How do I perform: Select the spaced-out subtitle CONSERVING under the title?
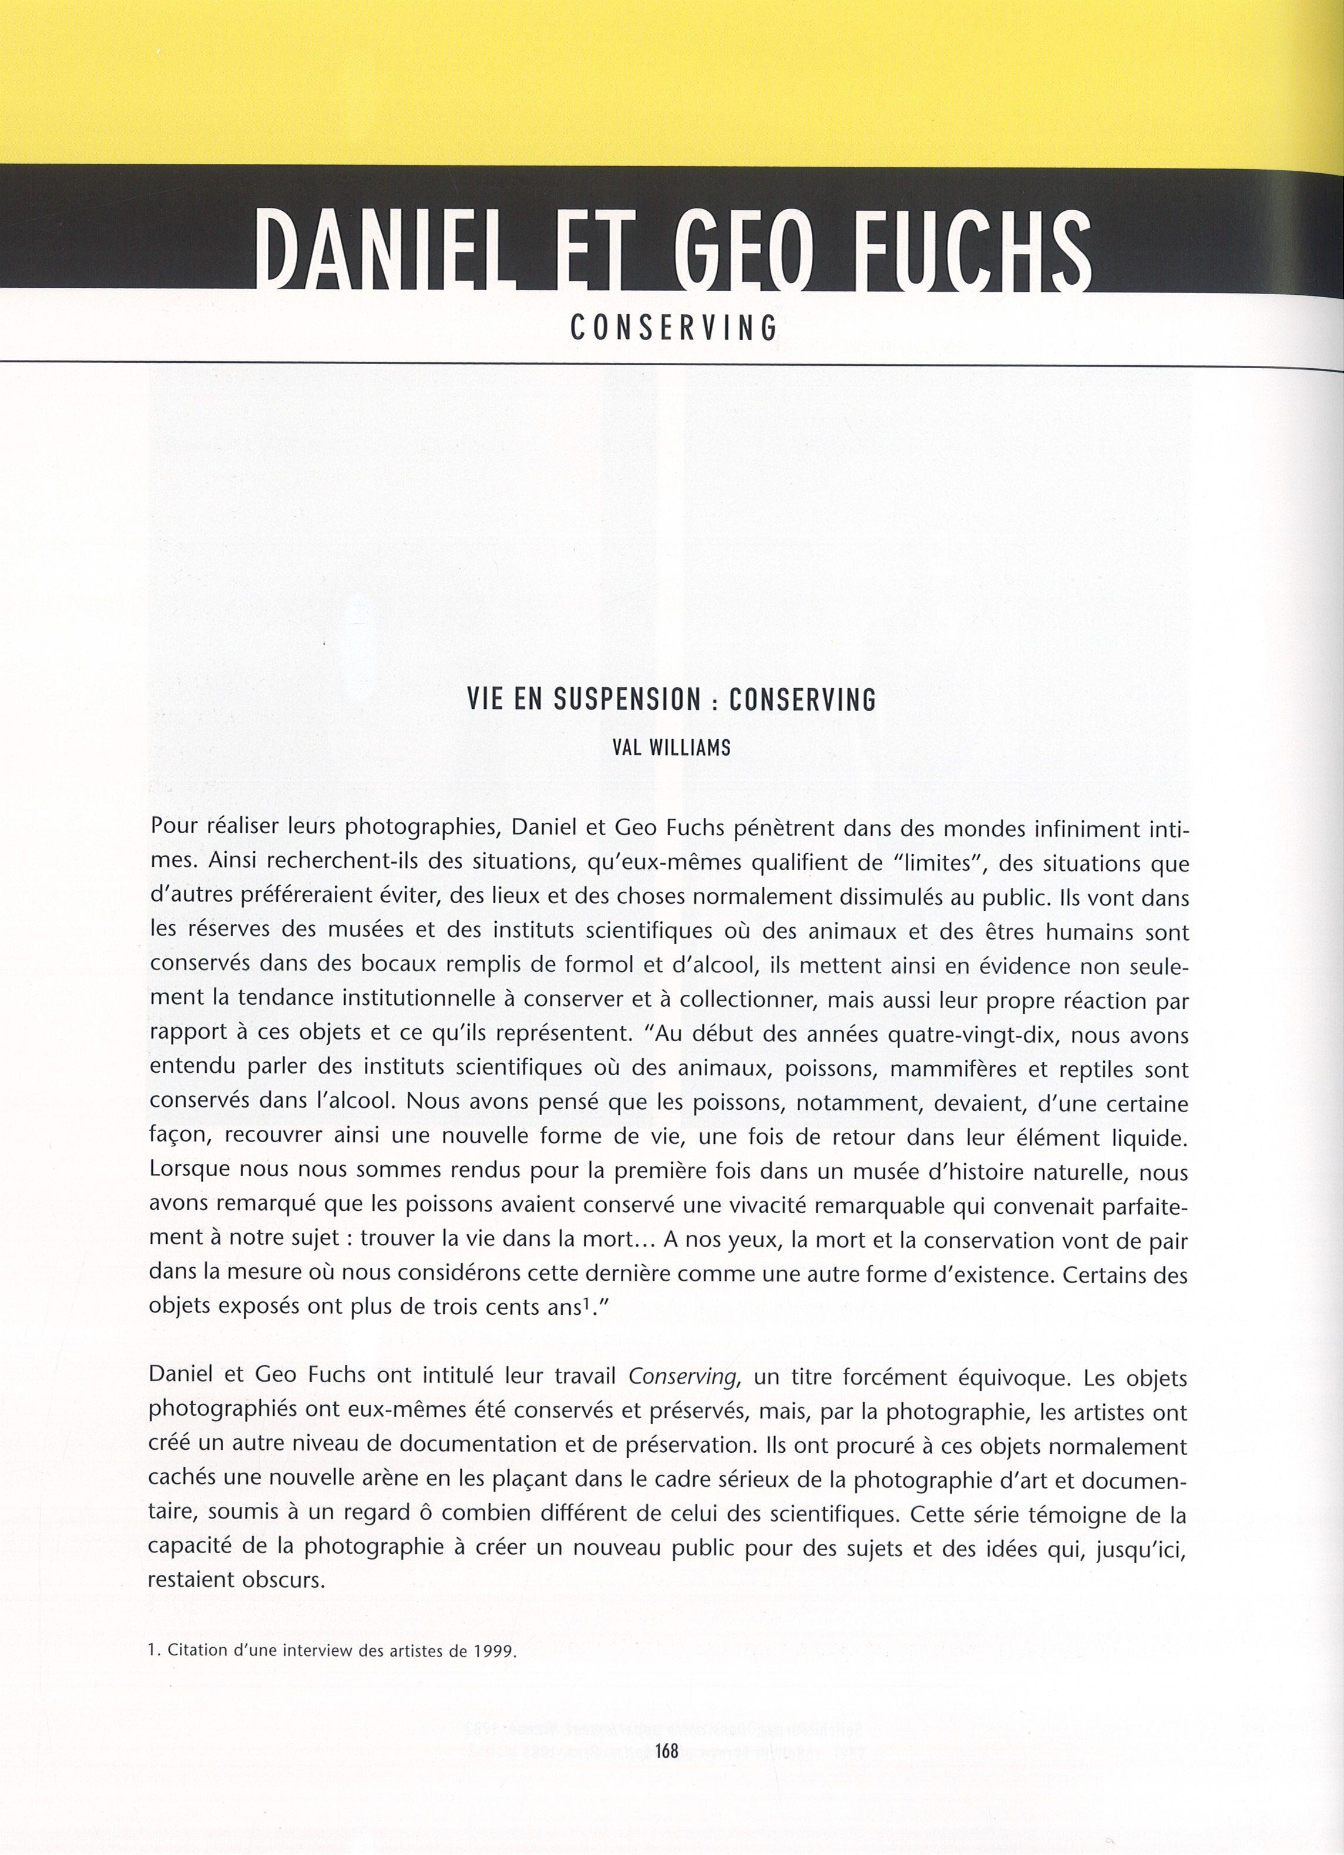pos(673,328)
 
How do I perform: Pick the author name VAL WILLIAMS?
pos(671,748)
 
